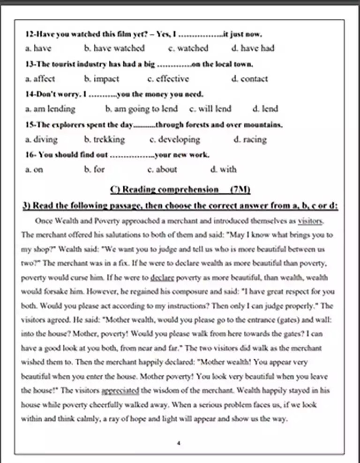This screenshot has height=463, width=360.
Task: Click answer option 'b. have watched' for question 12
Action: (114, 48)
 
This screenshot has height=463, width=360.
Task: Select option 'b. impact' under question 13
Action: (102, 78)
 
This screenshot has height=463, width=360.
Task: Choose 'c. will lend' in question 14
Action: (210, 109)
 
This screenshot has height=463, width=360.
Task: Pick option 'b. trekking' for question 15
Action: (105, 139)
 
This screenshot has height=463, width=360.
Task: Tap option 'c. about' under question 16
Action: (162, 169)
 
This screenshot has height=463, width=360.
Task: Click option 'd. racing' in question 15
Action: (250, 139)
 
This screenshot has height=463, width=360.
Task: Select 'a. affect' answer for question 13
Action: (40, 78)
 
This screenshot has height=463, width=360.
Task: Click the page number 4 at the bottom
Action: (179, 442)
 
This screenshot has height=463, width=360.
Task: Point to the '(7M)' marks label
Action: (240, 190)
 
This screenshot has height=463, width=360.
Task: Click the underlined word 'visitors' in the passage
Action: (311, 220)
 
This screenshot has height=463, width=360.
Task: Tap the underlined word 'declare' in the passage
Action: (163, 277)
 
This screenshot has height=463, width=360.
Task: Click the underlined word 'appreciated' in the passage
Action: (120, 390)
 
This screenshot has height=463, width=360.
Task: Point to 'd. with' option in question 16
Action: (224, 169)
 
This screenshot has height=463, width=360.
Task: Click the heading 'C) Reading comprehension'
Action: (165, 190)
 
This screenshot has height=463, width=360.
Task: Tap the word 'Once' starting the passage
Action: (43, 221)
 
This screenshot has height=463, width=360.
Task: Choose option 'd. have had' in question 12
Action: (253, 48)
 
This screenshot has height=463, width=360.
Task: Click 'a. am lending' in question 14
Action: (50, 109)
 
